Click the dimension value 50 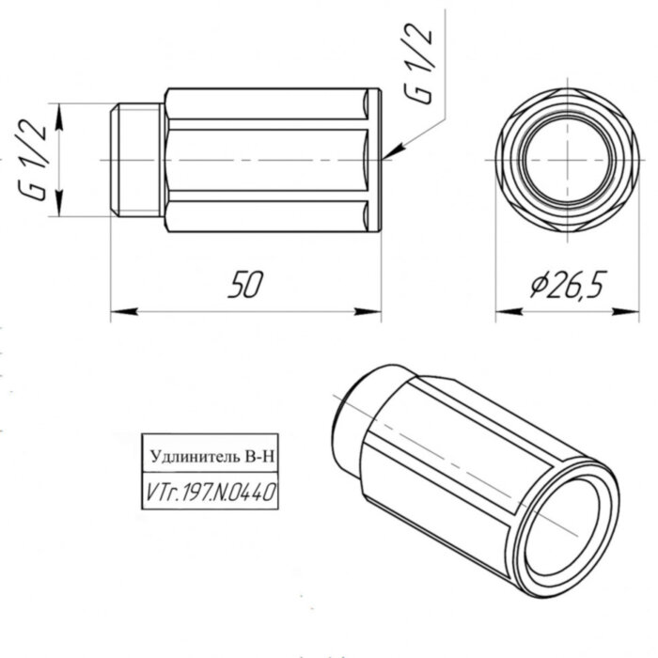coord(243,285)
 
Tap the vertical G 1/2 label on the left coord(36,161)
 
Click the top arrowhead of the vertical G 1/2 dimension coord(59,114)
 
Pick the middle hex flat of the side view coord(268,161)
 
